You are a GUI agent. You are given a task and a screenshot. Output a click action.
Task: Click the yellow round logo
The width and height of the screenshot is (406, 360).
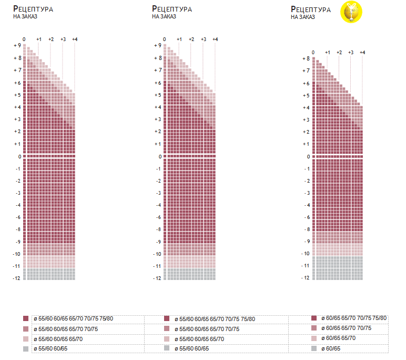352,12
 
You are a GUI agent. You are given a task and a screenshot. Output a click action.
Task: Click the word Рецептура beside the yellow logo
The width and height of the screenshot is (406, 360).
311,9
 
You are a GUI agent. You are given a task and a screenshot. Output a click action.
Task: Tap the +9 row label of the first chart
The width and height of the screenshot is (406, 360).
17,46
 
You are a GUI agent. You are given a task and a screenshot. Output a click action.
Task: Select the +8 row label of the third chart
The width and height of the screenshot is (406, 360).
306,58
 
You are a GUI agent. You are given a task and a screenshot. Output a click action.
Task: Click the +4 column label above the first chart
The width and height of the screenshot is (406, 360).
75,39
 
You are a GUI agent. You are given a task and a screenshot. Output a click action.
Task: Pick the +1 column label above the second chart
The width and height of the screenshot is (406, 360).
179,39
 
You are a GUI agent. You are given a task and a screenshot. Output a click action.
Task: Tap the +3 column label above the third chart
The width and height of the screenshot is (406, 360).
351,53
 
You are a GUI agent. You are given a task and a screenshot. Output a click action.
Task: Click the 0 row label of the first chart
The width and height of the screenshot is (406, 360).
19,156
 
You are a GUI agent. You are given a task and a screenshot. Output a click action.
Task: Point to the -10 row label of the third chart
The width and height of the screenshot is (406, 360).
305,254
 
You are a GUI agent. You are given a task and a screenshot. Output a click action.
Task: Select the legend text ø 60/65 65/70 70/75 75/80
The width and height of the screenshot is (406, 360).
357,318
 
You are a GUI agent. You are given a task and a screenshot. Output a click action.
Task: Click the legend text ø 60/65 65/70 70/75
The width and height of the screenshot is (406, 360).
349,328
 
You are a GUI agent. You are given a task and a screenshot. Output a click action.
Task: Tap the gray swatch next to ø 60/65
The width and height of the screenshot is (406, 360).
314,348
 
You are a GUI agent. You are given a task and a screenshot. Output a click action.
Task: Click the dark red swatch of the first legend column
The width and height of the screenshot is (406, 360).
26,319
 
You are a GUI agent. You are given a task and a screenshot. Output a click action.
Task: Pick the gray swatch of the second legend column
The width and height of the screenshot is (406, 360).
167,349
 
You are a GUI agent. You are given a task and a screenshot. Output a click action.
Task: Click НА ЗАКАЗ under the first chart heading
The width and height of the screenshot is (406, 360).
25,16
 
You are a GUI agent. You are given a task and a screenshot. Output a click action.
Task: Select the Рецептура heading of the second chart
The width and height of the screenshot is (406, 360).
171,9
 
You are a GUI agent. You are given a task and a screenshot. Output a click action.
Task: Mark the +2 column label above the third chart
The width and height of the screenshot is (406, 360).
339,53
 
